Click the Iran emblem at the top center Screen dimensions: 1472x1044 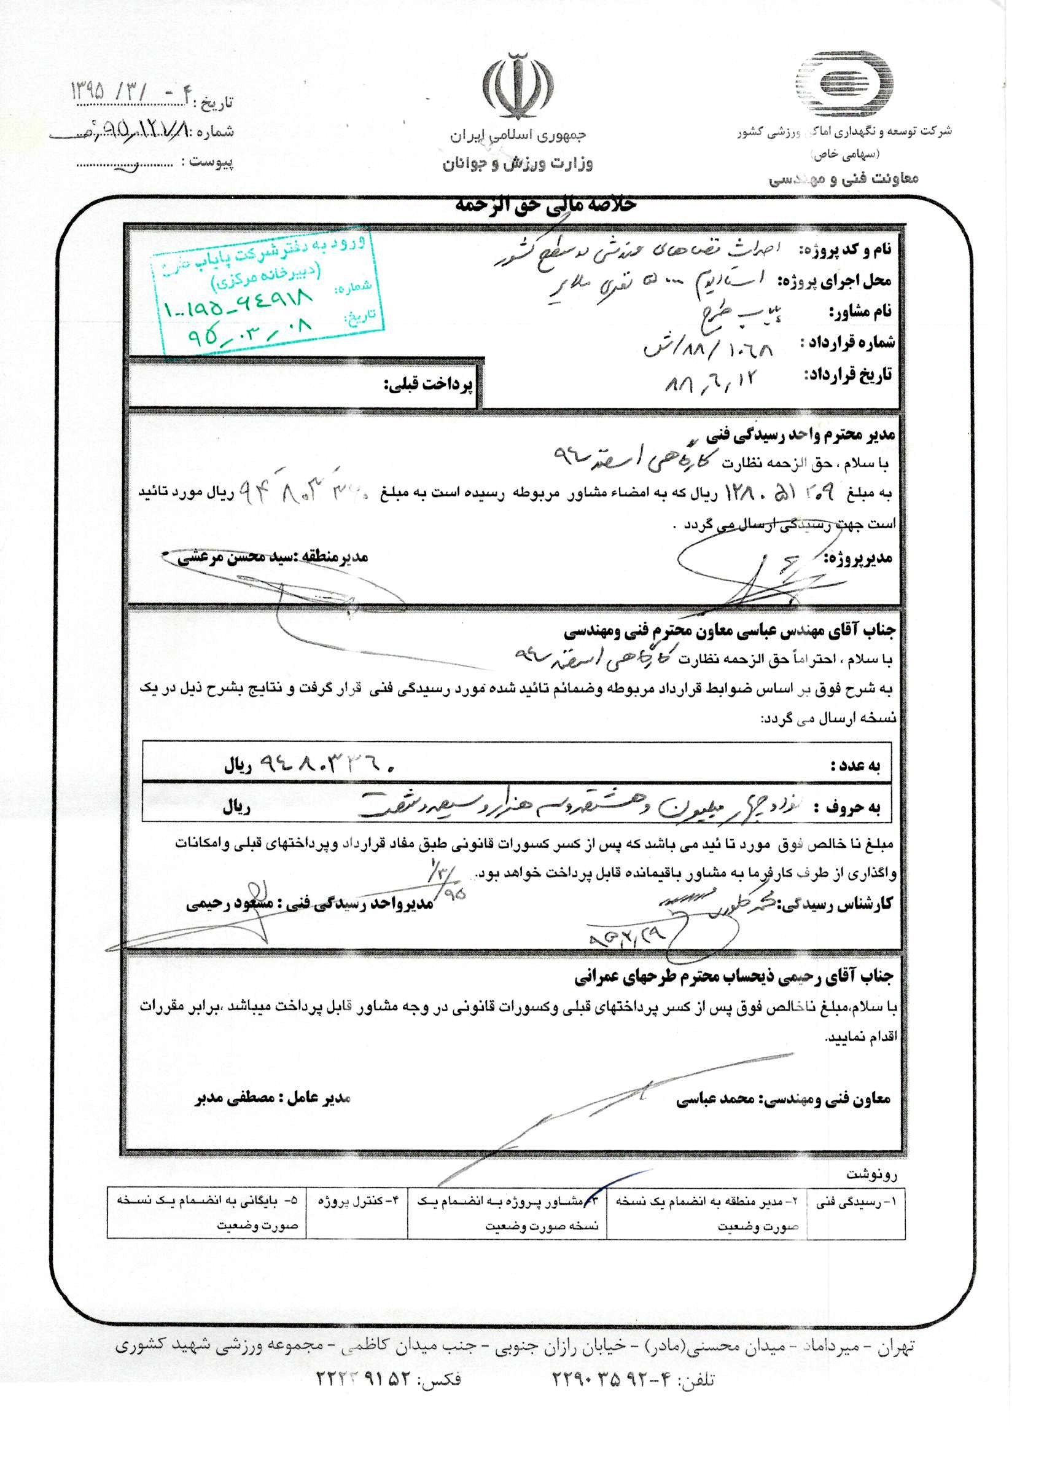[518, 87]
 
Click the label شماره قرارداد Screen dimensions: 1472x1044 [847, 343]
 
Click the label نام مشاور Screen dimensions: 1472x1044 [860, 313]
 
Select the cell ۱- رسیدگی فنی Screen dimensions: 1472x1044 [855, 1201]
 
